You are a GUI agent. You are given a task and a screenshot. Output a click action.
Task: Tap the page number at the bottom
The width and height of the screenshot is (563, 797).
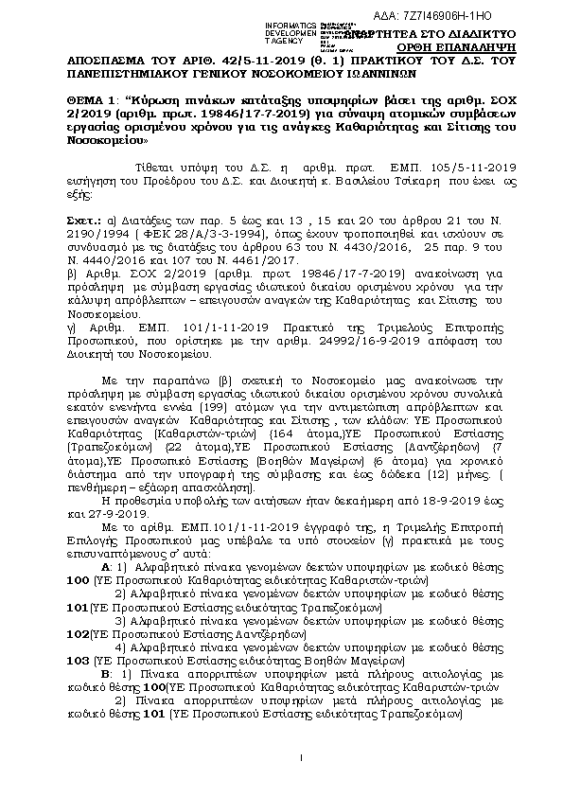pos(299,757)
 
